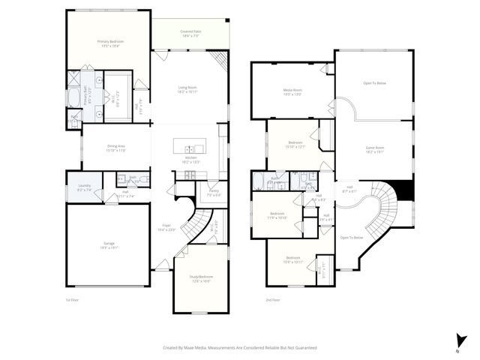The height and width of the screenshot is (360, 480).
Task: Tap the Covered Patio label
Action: (x=190, y=32)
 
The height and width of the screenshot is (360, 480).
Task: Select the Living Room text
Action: (x=187, y=88)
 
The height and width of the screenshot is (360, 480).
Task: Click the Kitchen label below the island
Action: (x=190, y=157)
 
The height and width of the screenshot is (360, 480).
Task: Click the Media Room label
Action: (x=292, y=91)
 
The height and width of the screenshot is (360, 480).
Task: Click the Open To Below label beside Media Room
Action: (x=374, y=84)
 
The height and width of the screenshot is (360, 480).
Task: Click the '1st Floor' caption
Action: (x=72, y=299)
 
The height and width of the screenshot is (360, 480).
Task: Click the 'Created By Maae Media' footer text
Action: (x=240, y=348)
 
